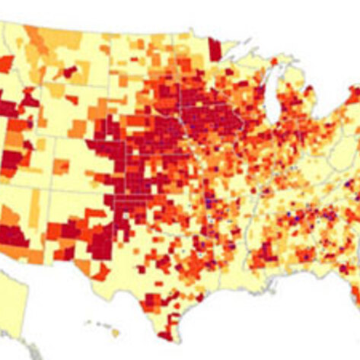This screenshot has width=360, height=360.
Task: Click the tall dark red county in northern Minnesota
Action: pyautogui.click(x=215, y=49)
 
